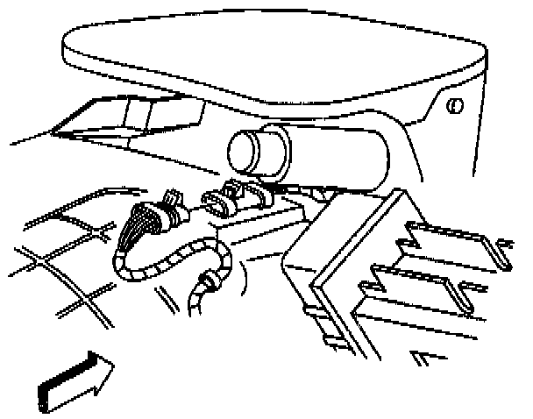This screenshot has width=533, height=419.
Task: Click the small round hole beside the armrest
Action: coord(454,106)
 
